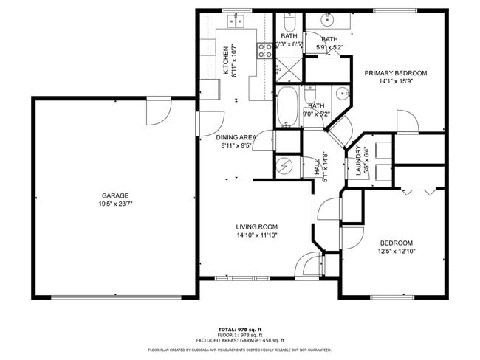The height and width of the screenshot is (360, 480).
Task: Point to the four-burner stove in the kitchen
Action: (x=264, y=50)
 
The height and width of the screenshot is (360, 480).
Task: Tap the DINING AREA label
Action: (x=236, y=137)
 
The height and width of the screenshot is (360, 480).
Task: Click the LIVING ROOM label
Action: (x=256, y=227)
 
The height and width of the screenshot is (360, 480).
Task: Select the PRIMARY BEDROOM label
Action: (x=396, y=73)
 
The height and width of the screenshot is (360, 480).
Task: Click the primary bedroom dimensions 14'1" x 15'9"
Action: (x=396, y=81)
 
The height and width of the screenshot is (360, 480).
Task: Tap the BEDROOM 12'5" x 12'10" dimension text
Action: (x=397, y=252)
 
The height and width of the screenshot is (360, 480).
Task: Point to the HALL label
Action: (x=318, y=167)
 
